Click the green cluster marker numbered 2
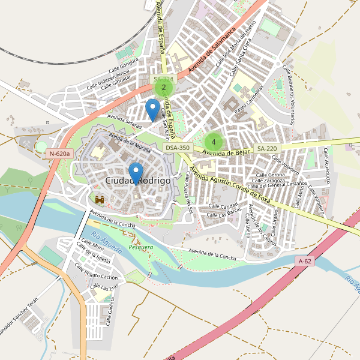click(x=163, y=88)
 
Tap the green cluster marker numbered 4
click(x=213, y=142)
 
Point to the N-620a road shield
click(x=60, y=154)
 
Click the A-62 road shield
click(x=305, y=261)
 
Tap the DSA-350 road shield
click(x=178, y=148)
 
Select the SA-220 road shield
click(x=267, y=148)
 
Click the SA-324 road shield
click(x=163, y=79)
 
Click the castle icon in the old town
click(x=100, y=199)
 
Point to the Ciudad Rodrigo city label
click(x=137, y=181)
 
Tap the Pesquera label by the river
click(x=141, y=247)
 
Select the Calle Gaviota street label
click(x=111, y=312)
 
